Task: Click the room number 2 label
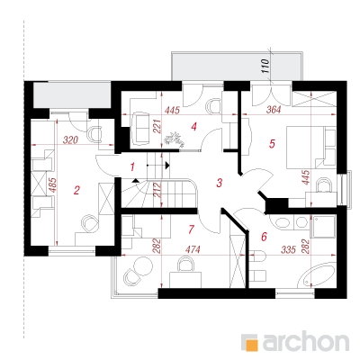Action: (76, 190)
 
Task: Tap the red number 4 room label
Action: (194, 127)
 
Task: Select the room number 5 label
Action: (272, 144)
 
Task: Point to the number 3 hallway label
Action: (220, 183)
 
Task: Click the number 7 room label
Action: (192, 229)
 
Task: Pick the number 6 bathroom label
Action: (264, 237)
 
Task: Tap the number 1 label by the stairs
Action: (133, 166)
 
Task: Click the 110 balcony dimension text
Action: (265, 67)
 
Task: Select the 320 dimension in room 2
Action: (71, 140)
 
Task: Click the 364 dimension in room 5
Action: (274, 110)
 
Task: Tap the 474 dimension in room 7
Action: (193, 249)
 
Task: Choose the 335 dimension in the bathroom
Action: (288, 249)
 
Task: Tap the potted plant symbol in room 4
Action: (174, 139)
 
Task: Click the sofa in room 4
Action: (139, 128)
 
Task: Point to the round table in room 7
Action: (143, 265)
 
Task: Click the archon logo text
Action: (306, 341)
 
